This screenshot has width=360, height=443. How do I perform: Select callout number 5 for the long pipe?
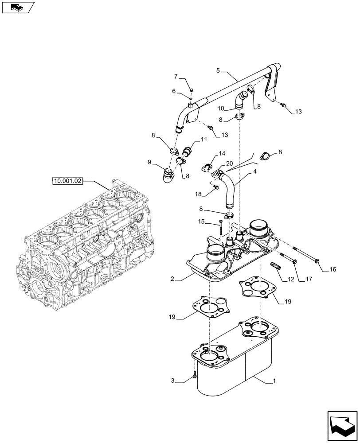[218, 70]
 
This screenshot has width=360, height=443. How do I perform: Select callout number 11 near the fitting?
[203, 140]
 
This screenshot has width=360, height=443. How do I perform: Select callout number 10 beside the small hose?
[221, 108]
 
